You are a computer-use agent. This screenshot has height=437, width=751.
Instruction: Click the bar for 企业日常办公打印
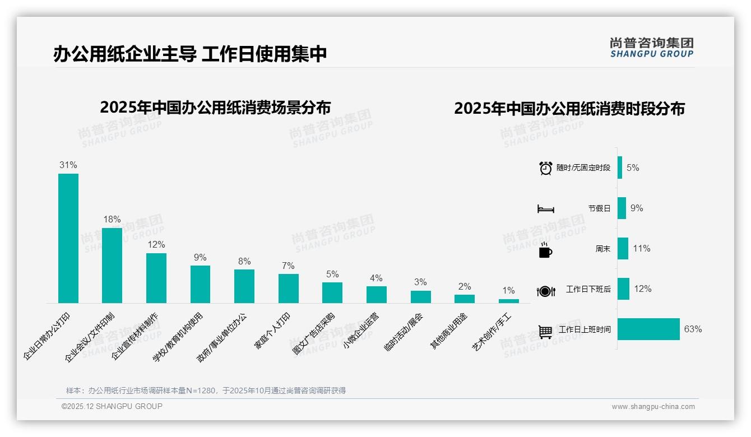coord(68,238)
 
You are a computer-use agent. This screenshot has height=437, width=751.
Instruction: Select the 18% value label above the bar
coord(112,220)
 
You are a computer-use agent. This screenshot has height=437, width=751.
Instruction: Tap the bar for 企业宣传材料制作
coord(156,278)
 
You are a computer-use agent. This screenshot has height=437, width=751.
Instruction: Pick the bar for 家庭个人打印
coord(289,289)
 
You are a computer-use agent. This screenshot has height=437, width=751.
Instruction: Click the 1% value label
coord(508,291)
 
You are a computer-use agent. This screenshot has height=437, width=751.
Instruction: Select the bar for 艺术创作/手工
coord(508,301)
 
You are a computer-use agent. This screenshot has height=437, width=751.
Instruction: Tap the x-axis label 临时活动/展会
coord(404,332)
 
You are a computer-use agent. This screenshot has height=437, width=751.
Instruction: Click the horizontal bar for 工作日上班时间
coord(648,329)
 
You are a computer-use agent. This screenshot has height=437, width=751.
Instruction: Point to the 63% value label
coord(693,329)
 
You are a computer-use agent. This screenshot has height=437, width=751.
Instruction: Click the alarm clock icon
coord(545,168)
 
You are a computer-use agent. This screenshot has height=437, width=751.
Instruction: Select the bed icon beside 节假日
coord(545,209)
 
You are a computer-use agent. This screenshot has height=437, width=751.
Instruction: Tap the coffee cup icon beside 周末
coord(545,250)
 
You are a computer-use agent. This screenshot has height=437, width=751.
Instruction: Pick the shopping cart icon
coord(545,332)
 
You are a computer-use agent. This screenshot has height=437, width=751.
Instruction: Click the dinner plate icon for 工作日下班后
coord(545,291)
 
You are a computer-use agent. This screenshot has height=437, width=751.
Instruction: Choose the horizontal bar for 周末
coord(623,249)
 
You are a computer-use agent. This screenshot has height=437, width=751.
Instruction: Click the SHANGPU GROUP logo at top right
coord(651,48)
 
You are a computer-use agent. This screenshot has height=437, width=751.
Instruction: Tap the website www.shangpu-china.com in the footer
coord(653,407)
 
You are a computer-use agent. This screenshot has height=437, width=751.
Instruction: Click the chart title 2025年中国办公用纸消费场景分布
coord(215,108)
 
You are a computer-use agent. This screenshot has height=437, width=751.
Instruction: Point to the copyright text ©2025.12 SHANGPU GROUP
coord(112,407)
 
